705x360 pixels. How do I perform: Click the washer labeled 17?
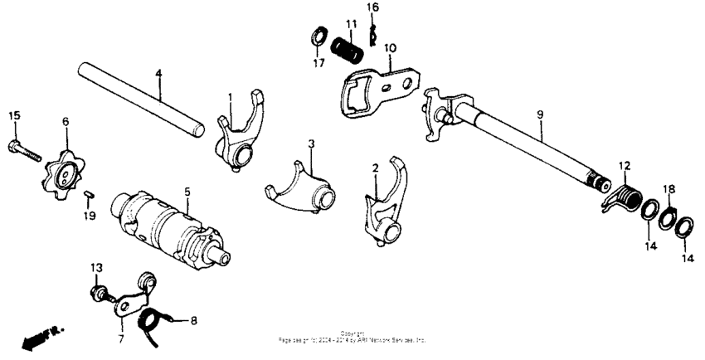(317, 36)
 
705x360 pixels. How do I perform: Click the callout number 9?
(539, 111)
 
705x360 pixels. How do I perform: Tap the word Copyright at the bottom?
(352, 333)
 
